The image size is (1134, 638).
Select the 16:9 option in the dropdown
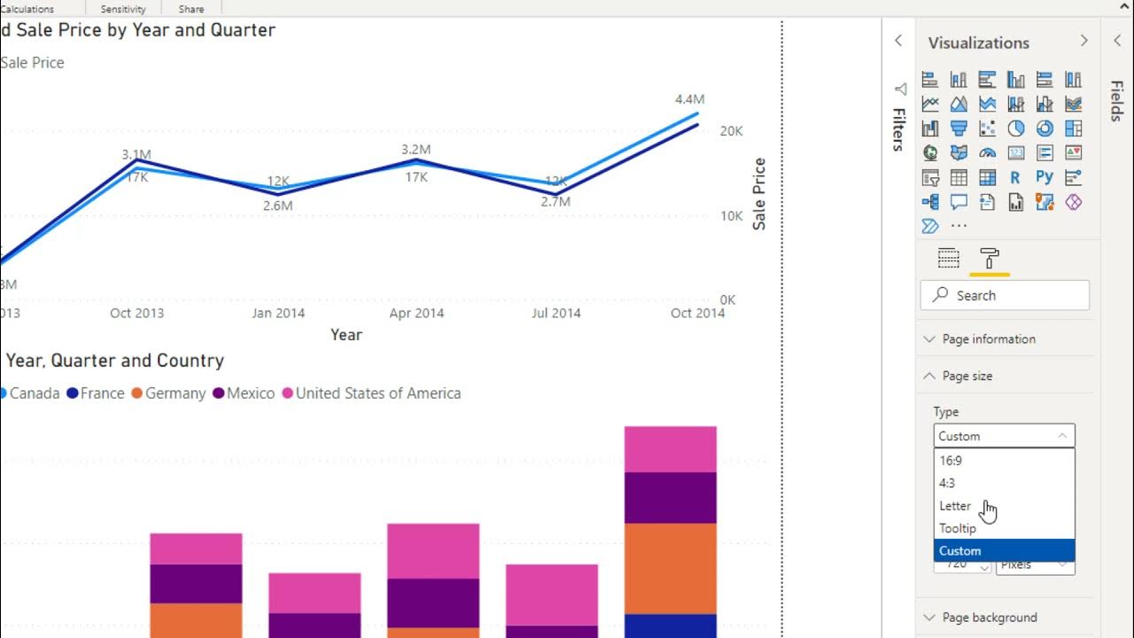click(951, 461)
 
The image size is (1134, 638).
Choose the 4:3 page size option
click(947, 484)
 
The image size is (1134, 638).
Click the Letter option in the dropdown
click(955, 506)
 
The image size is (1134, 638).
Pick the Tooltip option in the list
click(958, 528)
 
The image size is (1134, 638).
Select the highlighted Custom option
click(959, 551)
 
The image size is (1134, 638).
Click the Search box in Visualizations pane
click(1005, 295)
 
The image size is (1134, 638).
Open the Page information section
click(988, 339)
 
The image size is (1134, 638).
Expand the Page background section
click(989, 618)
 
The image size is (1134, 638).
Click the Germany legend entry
click(175, 393)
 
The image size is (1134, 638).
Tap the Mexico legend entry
click(250, 393)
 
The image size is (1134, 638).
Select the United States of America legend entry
click(377, 393)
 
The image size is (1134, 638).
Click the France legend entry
click(101, 393)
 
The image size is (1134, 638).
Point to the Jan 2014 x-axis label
click(278, 313)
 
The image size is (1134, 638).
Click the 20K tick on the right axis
click(731, 131)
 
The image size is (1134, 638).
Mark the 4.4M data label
click(689, 99)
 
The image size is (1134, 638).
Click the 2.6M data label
click(278, 206)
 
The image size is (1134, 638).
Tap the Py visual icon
click(1045, 177)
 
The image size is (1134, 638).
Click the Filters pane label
click(898, 129)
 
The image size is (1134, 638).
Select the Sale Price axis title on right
click(759, 194)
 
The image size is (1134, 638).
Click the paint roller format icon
click(990, 259)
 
